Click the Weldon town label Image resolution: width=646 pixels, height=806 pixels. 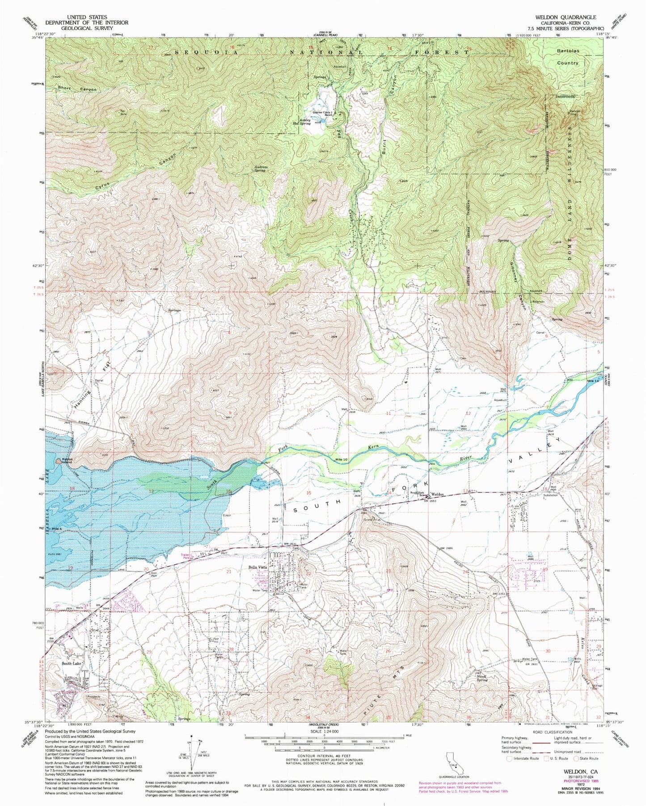437,494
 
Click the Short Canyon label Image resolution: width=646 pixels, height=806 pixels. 76,89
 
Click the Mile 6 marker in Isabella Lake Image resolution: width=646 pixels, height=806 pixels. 56,528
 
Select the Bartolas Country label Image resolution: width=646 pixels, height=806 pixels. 568,57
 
